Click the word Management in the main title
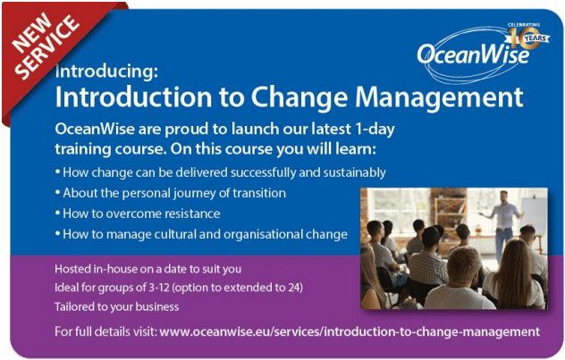(439, 98)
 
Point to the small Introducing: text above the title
(106, 71)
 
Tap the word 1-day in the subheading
(375, 130)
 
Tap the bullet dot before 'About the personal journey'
(57, 192)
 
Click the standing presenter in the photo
(503, 223)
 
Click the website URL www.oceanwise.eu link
(350, 331)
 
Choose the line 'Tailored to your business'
(117, 306)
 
